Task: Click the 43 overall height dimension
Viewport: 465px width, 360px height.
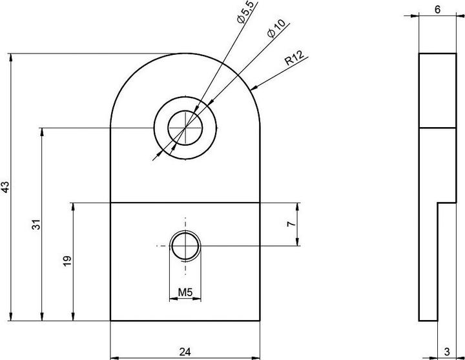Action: [x=6, y=187]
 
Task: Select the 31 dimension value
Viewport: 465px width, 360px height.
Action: [x=36, y=225]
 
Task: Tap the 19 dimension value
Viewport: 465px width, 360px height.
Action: [x=67, y=261]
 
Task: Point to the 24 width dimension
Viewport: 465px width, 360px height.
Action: [x=185, y=352]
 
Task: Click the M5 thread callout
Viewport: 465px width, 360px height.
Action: [x=185, y=292]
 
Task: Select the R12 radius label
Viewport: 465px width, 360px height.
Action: [x=294, y=59]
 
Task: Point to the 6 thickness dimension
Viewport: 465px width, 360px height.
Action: [x=437, y=10]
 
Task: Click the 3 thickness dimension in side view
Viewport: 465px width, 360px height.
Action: [x=447, y=352]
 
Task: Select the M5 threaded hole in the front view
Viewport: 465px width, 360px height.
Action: [x=185, y=246]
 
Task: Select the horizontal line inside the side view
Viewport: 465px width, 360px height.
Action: [x=437, y=127]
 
